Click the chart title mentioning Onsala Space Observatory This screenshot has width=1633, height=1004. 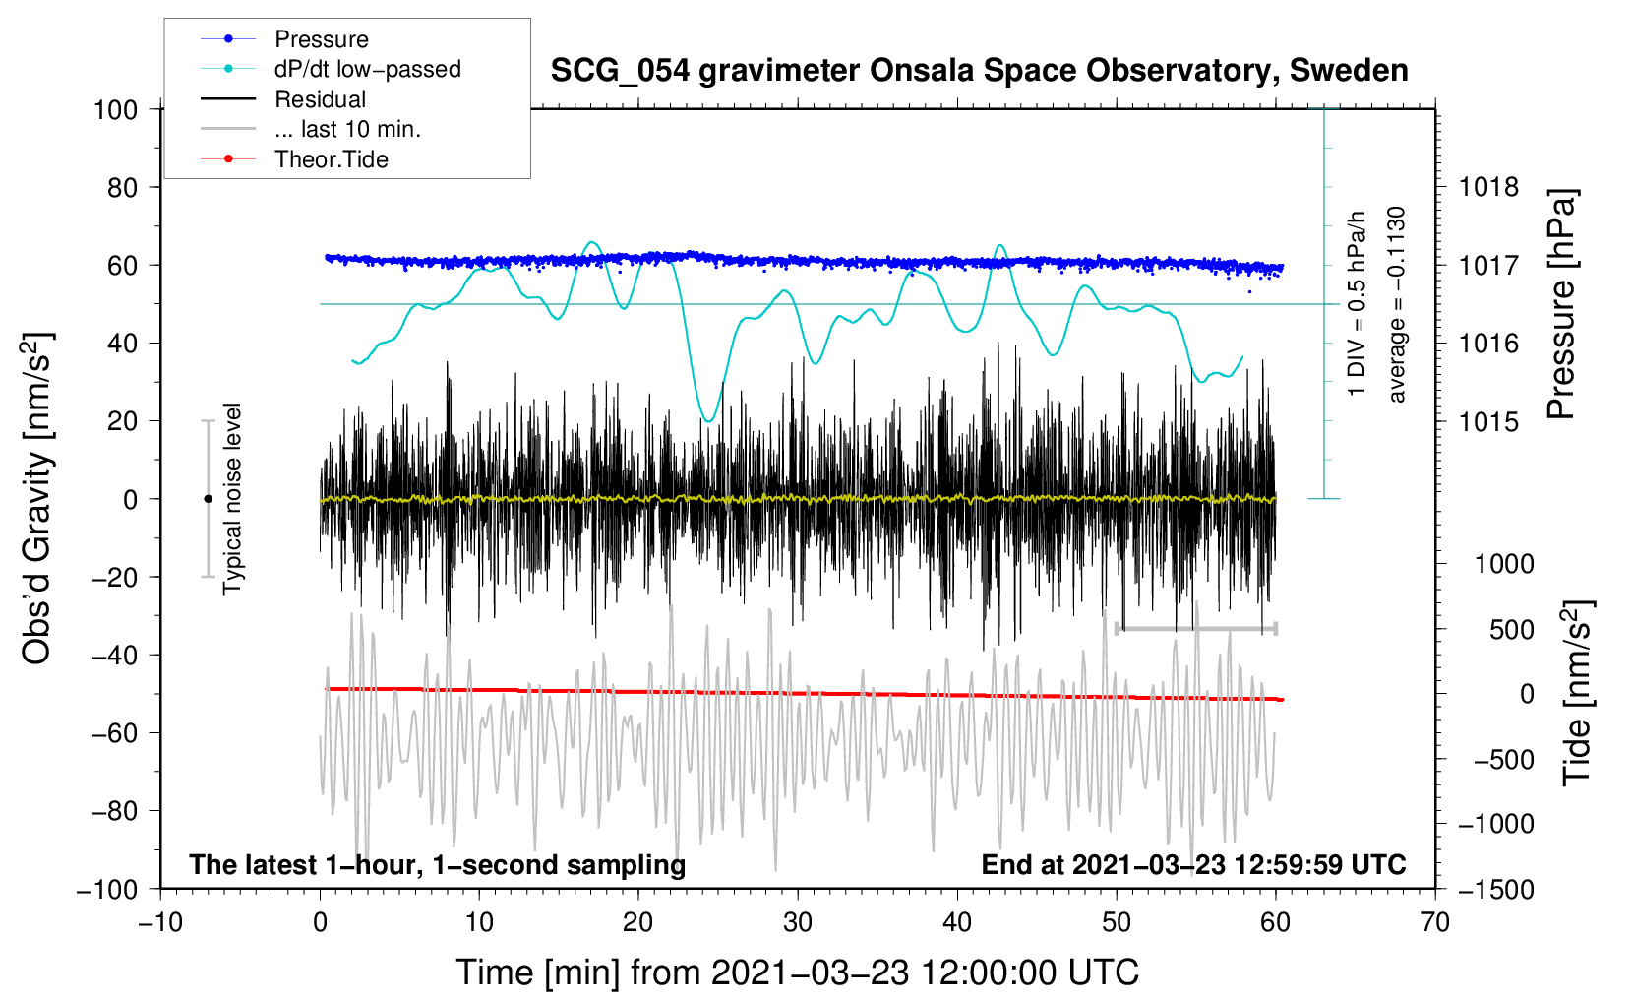point(979,71)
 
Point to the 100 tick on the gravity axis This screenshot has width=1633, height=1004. point(115,110)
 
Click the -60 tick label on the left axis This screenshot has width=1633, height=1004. point(114,733)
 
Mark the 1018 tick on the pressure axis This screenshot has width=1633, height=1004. point(1488,188)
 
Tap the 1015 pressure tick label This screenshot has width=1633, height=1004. point(1488,421)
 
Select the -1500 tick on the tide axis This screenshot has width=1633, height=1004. point(1496,890)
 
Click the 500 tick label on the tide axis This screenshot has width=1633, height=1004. point(1512,630)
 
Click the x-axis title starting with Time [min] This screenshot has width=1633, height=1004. point(798,973)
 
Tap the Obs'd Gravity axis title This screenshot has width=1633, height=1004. point(36,499)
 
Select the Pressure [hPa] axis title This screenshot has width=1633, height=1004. point(1561,304)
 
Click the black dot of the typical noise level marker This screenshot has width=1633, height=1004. point(208,499)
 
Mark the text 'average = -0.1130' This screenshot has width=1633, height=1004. point(1396,304)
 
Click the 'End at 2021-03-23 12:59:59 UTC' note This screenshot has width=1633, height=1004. point(1193,864)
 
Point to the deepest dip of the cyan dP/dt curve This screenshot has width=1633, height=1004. point(708,421)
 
